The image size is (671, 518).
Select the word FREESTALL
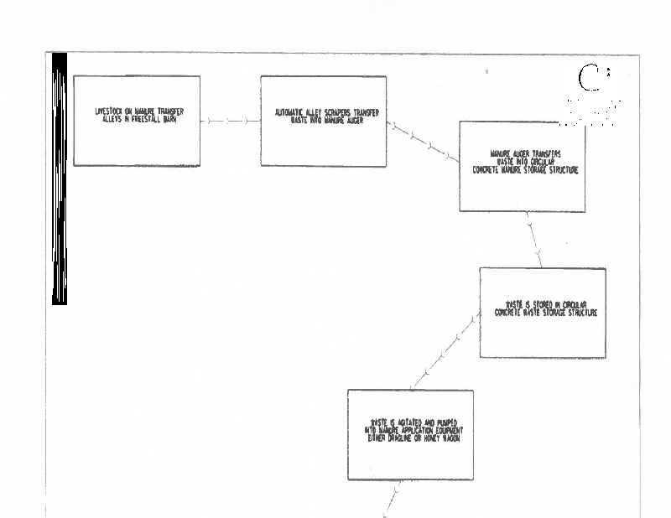(146, 119)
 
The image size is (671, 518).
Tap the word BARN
(172, 119)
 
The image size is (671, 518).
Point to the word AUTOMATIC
(293, 112)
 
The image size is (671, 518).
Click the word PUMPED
(445, 422)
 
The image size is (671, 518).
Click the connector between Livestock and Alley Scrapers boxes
(230, 121)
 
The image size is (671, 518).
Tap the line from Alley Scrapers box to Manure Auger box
(423, 143)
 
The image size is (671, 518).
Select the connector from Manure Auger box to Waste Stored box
(533, 240)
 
